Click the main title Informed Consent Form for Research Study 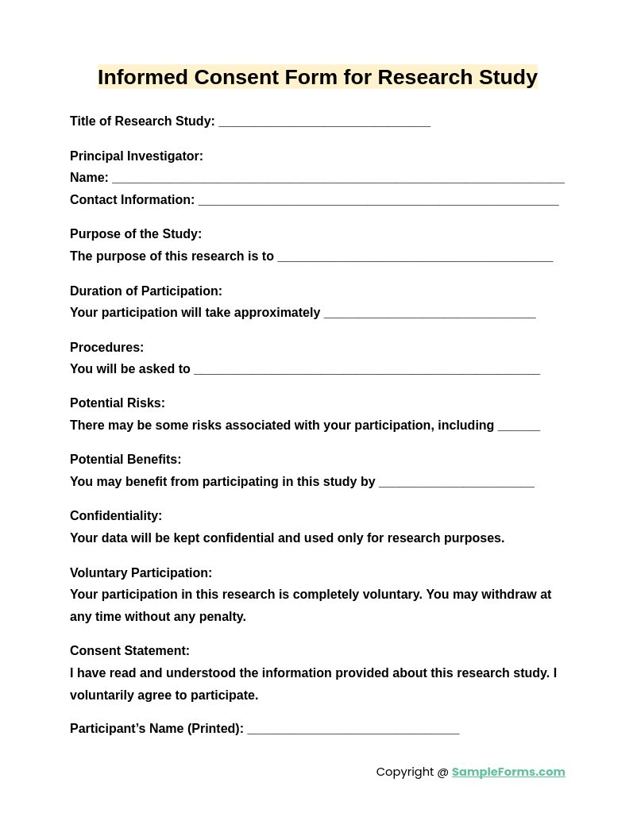tap(318, 77)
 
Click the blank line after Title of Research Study tap(324, 122)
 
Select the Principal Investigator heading tap(137, 156)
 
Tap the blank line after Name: tap(338, 179)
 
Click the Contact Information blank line tap(378, 201)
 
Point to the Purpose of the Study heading tap(136, 234)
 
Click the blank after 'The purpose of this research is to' tap(415, 257)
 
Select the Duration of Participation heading tap(146, 291)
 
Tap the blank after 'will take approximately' tap(430, 314)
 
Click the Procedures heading tap(107, 348)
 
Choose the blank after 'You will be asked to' tap(366, 370)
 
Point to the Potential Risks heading tap(118, 403)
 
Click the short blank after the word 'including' tap(519, 426)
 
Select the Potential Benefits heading tap(125, 460)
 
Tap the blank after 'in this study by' tap(456, 483)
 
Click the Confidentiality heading tap(116, 516)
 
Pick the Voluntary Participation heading tap(141, 573)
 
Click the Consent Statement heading tap(129, 651)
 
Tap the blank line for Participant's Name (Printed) tap(353, 730)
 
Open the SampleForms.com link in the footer tap(508, 772)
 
